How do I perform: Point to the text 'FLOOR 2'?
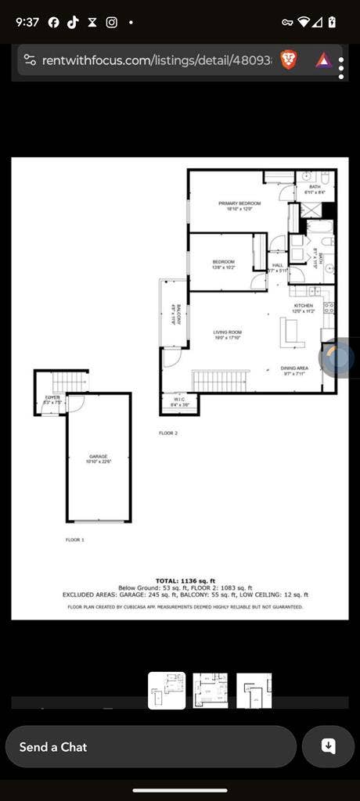(x=168, y=433)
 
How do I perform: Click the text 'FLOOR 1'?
(x=74, y=540)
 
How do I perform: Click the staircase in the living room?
(x=221, y=381)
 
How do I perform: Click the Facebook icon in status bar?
(x=54, y=22)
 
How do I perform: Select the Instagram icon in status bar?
(x=111, y=22)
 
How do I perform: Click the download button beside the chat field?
(x=329, y=747)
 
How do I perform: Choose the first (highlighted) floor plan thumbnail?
(x=167, y=691)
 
